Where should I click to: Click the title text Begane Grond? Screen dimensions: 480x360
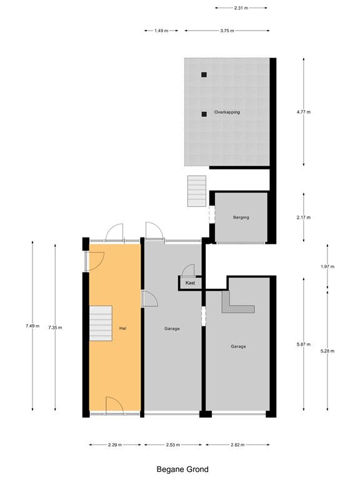(182, 469)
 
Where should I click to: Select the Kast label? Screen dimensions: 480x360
(191, 283)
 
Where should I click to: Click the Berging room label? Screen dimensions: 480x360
(241, 217)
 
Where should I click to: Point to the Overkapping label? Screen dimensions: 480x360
(227, 112)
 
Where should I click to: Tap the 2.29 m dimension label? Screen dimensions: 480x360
(114, 445)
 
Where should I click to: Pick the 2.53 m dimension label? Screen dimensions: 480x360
(172, 445)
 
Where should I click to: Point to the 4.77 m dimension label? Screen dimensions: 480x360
(304, 112)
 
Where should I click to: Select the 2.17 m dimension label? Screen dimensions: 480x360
(304, 217)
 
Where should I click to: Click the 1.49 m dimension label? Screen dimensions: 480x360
(161, 31)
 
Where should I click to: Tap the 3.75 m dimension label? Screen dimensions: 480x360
(227, 31)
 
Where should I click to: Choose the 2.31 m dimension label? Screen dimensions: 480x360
(241, 7)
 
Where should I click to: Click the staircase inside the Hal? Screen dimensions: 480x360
(101, 323)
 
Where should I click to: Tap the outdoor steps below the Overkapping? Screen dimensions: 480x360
(196, 190)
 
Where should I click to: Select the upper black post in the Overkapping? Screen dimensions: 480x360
(204, 75)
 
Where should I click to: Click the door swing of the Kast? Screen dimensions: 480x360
(188, 271)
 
